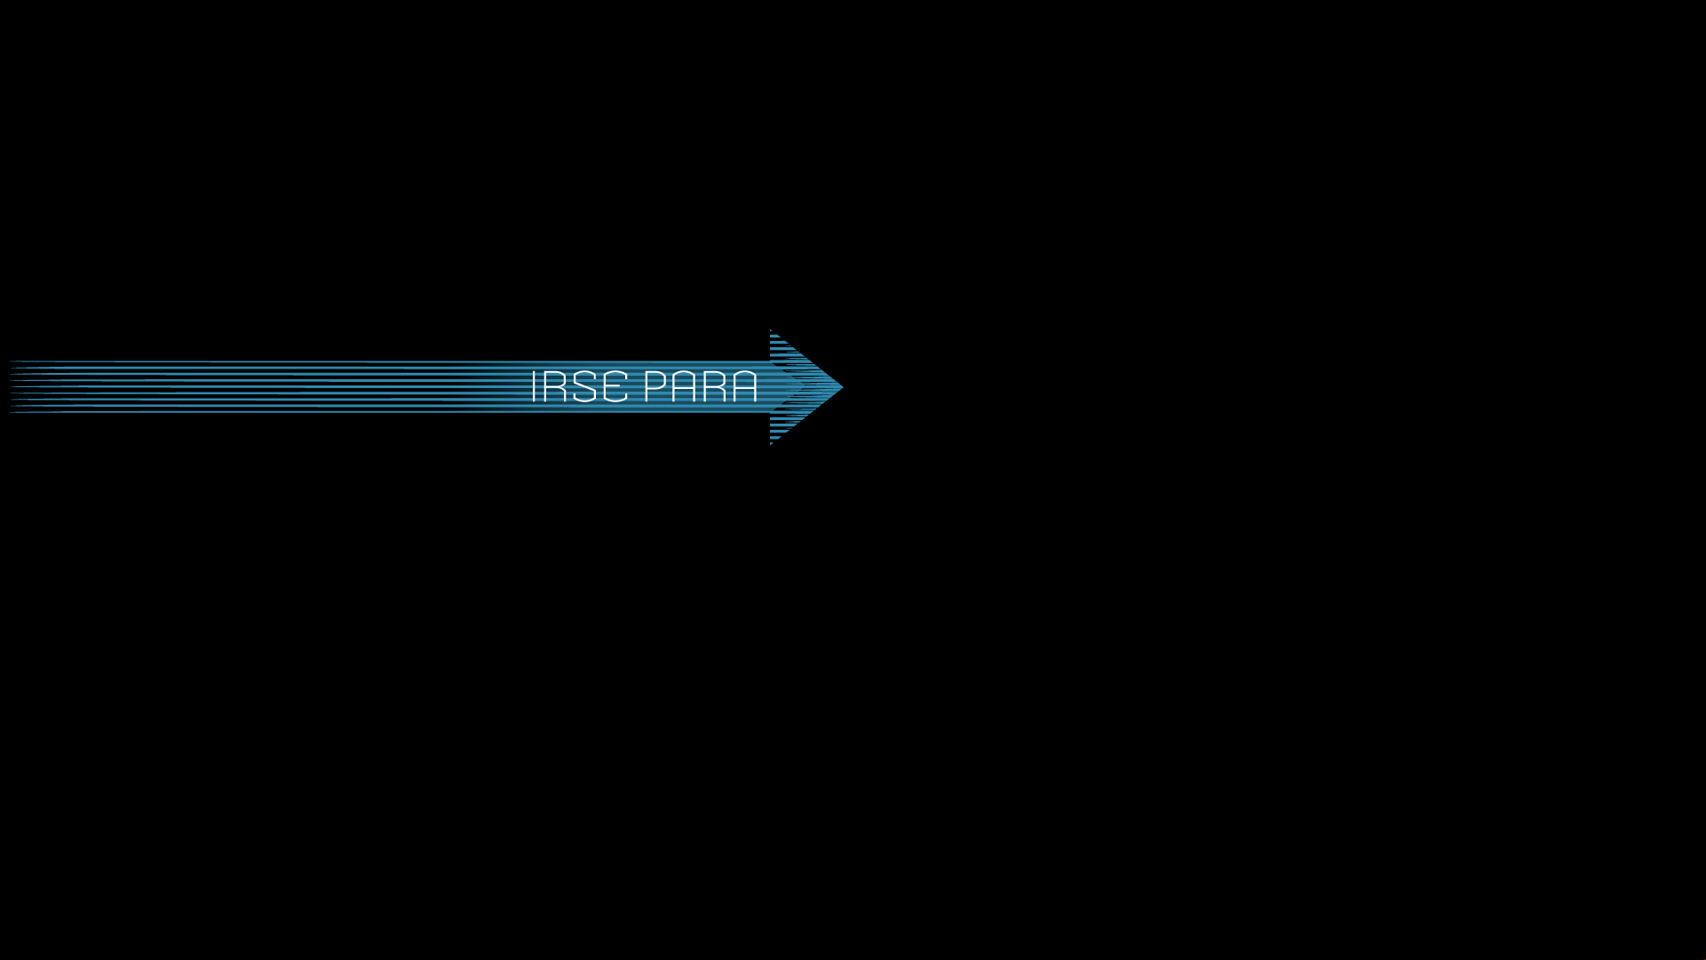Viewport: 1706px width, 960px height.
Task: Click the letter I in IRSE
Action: coord(534,386)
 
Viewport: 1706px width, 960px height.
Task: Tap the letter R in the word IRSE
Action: coord(555,386)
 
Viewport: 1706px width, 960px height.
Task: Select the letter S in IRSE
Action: coord(585,386)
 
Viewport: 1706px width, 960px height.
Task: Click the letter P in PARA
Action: coord(655,386)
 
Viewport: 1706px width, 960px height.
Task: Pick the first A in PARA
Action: coord(685,386)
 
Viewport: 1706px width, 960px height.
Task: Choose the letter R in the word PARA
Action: coord(715,386)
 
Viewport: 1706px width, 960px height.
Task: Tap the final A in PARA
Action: coord(745,386)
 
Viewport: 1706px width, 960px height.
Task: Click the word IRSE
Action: coord(579,386)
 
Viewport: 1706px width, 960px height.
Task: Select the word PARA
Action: coord(701,386)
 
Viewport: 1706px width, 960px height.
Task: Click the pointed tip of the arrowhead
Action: coord(843,386)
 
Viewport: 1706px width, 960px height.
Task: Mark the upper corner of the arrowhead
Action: coord(771,329)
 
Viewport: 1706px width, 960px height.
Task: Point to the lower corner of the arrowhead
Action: coord(771,444)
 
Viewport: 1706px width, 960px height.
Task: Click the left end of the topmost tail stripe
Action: coord(11,361)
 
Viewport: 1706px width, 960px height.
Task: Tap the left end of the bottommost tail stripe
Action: coord(11,411)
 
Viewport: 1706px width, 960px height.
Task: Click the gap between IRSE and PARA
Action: coord(636,386)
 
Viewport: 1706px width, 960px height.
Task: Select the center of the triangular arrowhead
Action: coord(795,386)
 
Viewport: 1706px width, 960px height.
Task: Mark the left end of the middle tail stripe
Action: coord(11,386)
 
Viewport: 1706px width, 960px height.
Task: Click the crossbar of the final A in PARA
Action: coord(745,389)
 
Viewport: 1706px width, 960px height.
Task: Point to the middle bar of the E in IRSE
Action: coord(615,386)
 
